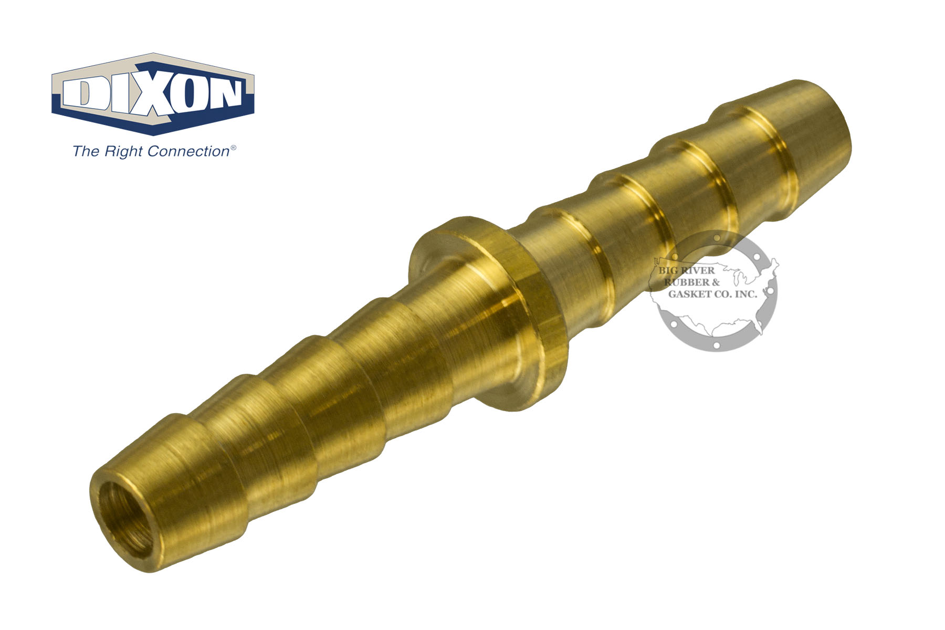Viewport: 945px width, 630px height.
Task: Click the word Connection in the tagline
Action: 188,152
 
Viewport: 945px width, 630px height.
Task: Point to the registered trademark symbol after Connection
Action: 233,149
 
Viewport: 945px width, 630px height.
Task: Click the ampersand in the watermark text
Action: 713,282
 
